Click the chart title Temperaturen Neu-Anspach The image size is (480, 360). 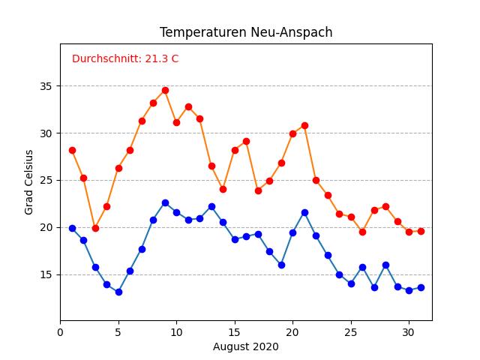click(246, 32)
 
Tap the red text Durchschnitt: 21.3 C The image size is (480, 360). click(125, 58)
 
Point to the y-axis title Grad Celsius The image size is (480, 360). click(29, 182)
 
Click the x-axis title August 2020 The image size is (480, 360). click(246, 346)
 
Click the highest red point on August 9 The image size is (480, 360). click(165, 91)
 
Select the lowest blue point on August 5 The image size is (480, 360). click(118, 292)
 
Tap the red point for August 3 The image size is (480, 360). click(95, 228)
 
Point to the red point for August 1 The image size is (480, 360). click(72, 150)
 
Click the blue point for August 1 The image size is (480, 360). click(72, 228)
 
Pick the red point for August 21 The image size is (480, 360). click(304, 125)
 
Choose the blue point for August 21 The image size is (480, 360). click(304, 212)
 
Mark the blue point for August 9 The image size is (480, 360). click(165, 202)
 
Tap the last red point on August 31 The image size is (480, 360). click(421, 231)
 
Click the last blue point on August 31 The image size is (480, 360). click(421, 287)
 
